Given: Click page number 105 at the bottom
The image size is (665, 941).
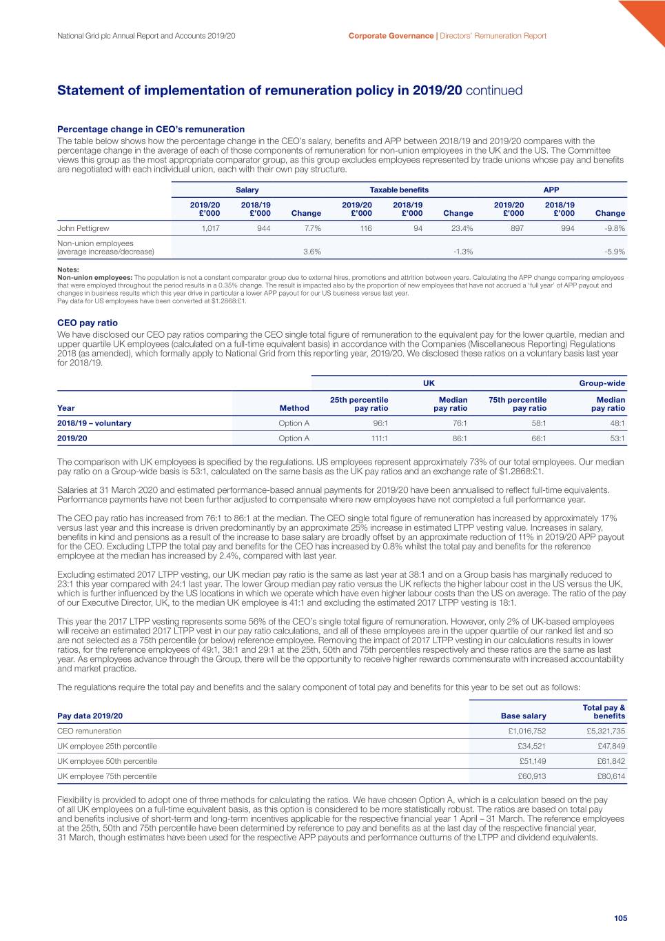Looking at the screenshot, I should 620,918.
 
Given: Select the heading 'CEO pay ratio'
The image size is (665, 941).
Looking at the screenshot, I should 88,323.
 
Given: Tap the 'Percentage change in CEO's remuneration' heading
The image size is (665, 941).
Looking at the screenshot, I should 151,129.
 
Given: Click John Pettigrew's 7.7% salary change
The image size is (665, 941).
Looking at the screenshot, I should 312,228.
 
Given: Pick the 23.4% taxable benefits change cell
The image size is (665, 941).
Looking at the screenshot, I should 462,228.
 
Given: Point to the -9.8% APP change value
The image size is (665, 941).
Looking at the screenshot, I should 615,228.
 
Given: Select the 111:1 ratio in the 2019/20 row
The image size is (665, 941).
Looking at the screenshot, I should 380,438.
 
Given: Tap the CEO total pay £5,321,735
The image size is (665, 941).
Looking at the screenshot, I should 606,731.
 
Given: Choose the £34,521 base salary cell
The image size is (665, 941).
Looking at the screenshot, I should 531,747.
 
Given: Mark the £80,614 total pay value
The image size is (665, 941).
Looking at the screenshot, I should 611,776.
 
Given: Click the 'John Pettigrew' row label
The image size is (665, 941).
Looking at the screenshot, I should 83,228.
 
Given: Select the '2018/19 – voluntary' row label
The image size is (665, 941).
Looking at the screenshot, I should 94,423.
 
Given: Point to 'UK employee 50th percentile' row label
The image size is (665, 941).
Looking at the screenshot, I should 108,761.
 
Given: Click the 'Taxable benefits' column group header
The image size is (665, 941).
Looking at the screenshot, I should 399,190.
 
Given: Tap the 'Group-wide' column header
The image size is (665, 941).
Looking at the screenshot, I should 602,383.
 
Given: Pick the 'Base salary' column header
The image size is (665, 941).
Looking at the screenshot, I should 524,716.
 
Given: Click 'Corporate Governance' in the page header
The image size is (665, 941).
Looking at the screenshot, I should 391,36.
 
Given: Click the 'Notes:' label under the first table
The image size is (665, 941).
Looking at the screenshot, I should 68,270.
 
